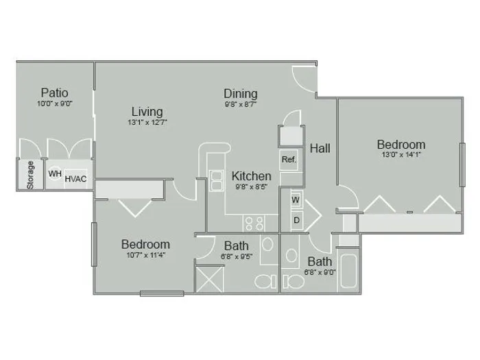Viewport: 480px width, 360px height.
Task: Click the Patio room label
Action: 54,93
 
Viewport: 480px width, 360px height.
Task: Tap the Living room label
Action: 147,112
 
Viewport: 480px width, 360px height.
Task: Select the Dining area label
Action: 241,95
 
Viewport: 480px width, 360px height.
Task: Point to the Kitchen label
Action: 252,176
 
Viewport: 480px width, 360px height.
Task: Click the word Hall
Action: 320,149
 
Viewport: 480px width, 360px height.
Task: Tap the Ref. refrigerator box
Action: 289,160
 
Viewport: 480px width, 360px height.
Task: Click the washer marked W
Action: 296,200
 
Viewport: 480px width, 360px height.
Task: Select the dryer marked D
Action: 297,220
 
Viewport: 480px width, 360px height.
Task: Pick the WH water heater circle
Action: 55,173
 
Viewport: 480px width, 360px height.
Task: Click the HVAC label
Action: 75,179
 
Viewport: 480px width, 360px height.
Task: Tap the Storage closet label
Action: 30,175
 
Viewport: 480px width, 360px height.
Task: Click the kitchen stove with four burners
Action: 254,223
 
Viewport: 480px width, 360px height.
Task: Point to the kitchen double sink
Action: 217,181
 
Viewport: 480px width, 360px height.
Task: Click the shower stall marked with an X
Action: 209,279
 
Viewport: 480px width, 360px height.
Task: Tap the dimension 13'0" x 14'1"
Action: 401,154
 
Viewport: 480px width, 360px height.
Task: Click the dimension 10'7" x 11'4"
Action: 146,254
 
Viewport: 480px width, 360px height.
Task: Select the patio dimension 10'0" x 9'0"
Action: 55,104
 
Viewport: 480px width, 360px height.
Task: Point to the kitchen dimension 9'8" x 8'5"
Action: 252,187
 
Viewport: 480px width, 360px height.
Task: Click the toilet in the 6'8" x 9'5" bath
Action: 265,281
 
